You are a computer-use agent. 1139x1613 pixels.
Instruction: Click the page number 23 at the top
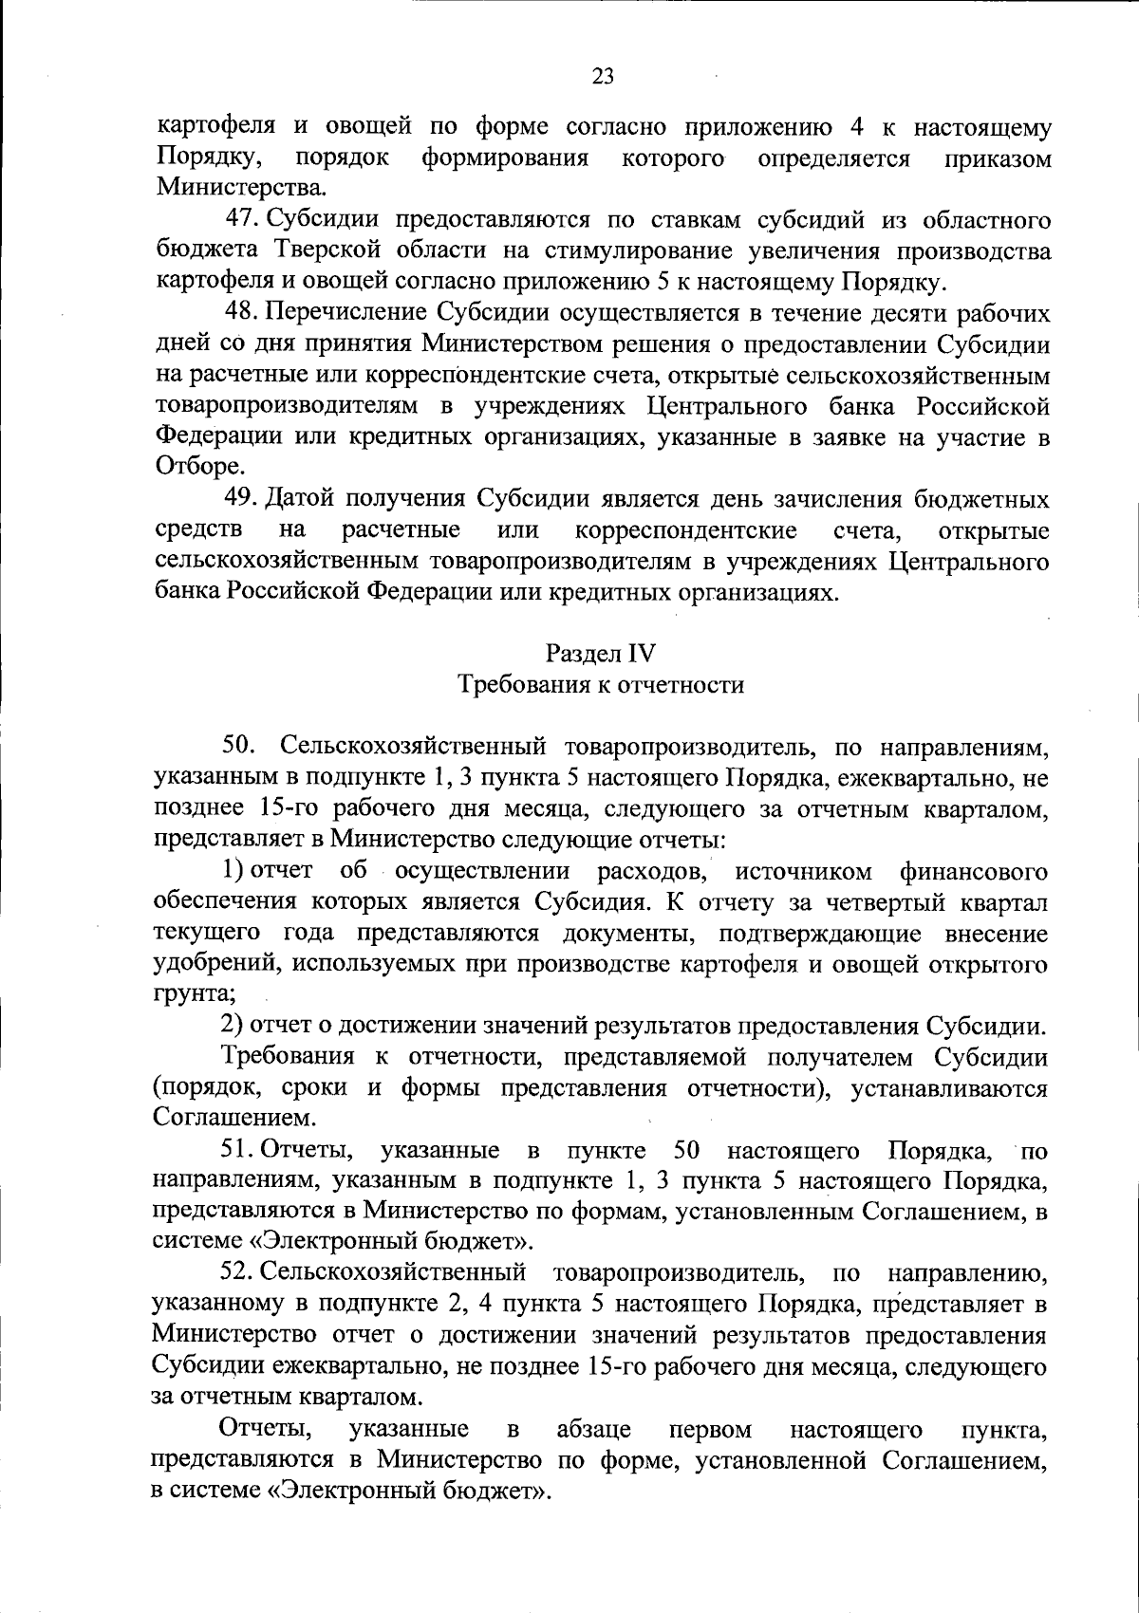[x=603, y=77]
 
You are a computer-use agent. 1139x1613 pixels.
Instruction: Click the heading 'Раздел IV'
[x=601, y=653]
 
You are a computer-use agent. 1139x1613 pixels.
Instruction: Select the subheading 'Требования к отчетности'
[x=601, y=684]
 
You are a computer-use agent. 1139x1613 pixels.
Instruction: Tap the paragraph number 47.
[x=243, y=220]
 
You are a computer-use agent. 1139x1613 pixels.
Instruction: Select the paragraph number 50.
[x=238, y=747]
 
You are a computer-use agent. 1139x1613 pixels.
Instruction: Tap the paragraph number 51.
[x=236, y=1151]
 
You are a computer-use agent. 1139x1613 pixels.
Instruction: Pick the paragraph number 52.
[x=237, y=1271]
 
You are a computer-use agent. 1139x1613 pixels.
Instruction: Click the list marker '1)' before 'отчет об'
[x=233, y=870]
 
